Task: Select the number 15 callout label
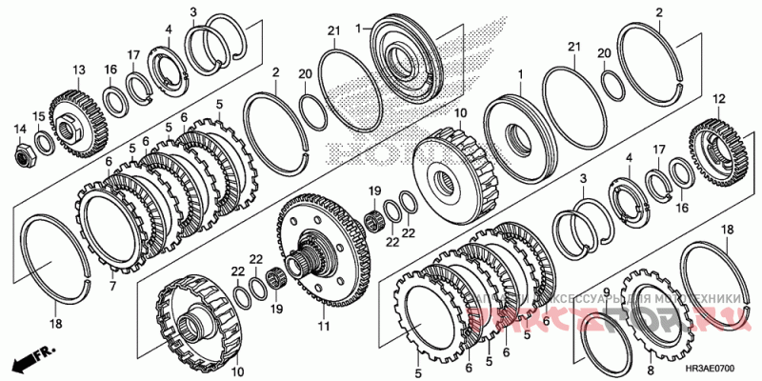click(x=39, y=116)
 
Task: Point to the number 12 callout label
click(x=718, y=98)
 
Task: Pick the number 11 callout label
click(x=323, y=327)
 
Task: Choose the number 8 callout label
click(x=651, y=371)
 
